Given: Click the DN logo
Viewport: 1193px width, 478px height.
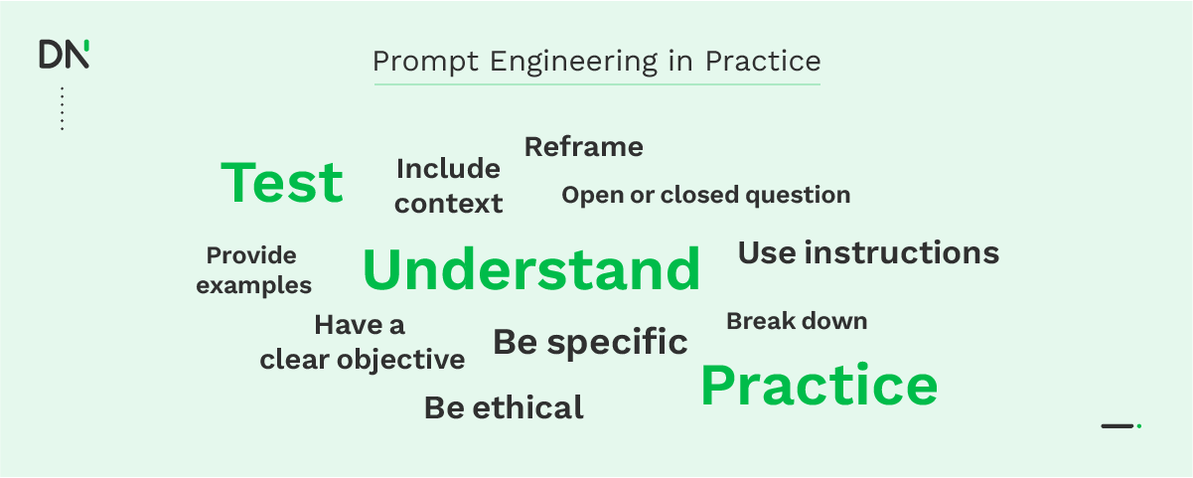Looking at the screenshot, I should (x=64, y=54).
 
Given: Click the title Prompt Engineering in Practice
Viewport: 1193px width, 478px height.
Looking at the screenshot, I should (x=596, y=62).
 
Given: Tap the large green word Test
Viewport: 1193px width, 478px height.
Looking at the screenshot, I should (x=282, y=184).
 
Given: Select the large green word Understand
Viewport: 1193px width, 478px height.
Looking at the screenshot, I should (x=531, y=270).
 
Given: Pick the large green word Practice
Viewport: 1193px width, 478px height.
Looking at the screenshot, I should (x=819, y=386).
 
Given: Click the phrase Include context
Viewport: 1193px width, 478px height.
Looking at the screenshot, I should (x=448, y=186).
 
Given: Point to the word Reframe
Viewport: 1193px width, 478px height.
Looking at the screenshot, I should (x=583, y=147).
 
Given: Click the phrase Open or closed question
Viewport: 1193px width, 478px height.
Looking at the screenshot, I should (x=705, y=195).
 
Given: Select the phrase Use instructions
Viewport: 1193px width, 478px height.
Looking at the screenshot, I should (x=868, y=252).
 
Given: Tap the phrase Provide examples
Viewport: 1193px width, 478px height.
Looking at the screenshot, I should (x=253, y=270).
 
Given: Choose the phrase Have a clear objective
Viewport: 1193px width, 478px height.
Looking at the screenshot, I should (x=362, y=342).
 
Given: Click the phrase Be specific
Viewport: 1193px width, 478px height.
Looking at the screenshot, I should (x=590, y=342).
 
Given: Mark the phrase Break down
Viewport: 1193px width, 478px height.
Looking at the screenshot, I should (x=796, y=321).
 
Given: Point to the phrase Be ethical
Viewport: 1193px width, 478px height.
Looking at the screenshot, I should (x=504, y=407).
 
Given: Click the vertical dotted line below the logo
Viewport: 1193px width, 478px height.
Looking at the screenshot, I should (x=62, y=108).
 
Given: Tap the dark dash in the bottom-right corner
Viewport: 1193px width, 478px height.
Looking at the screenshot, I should (x=1118, y=426).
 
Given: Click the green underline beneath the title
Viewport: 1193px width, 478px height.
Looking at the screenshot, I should (x=596, y=84).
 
